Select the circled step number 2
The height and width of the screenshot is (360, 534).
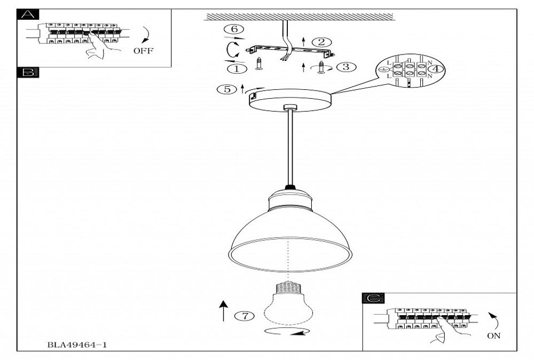(x=321, y=42)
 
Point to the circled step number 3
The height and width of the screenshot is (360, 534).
(x=346, y=67)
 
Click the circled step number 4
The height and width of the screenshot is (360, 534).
(x=437, y=68)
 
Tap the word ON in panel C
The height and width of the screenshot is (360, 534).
(x=493, y=336)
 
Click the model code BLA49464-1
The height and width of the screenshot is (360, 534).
(x=77, y=345)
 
